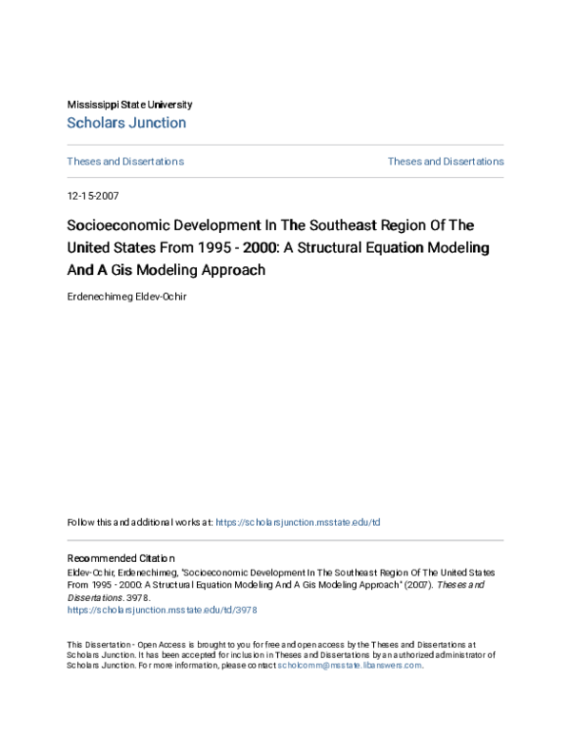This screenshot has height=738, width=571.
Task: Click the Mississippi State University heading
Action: (x=129, y=105)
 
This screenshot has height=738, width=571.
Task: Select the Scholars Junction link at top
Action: (x=127, y=123)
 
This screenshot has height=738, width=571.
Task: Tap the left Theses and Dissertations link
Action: (x=125, y=162)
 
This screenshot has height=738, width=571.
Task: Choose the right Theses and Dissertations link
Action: (x=445, y=162)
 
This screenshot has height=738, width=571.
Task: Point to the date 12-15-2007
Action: (x=92, y=195)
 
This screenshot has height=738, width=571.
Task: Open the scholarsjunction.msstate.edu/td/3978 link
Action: (x=162, y=610)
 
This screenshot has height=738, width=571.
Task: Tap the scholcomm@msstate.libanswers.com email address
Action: (x=349, y=666)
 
